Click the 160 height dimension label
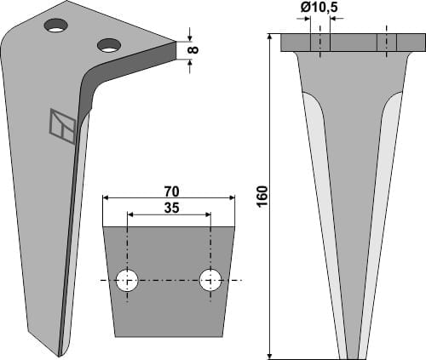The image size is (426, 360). click(x=262, y=194)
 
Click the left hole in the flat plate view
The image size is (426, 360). click(x=128, y=280)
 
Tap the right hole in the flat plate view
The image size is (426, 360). click(x=210, y=280)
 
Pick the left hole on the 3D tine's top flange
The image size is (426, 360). click(x=58, y=26)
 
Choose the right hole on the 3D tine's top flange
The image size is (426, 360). click(x=109, y=44)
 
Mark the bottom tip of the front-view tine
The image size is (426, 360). click(x=353, y=356)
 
